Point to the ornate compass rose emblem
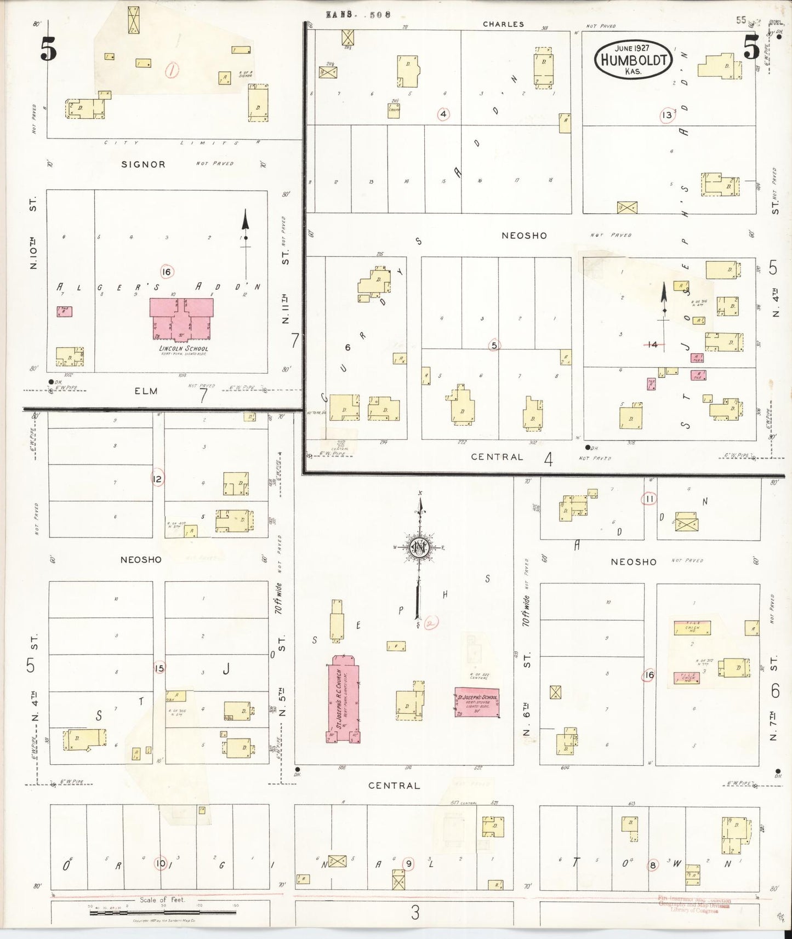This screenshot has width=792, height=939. pyautogui.click(x=420, y=548)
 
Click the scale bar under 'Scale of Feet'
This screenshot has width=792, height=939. pyautogui.click(x=163, y=913)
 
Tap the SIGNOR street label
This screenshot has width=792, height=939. pyautogui.click(x=143, y=164)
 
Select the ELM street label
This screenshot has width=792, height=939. pyautogui.click(x=146, y=391)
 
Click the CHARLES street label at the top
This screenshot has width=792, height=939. pyautogui.click(x=503, y=24)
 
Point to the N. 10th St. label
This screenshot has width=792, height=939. pyautogui.click(x=35, y=241)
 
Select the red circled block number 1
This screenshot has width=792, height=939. pyautogui.click(x=173, y=70)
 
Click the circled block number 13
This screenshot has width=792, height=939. pyautogui.click(x=666, y=115)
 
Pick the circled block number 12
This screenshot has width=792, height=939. pyautogui.click(x=157, y=479)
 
